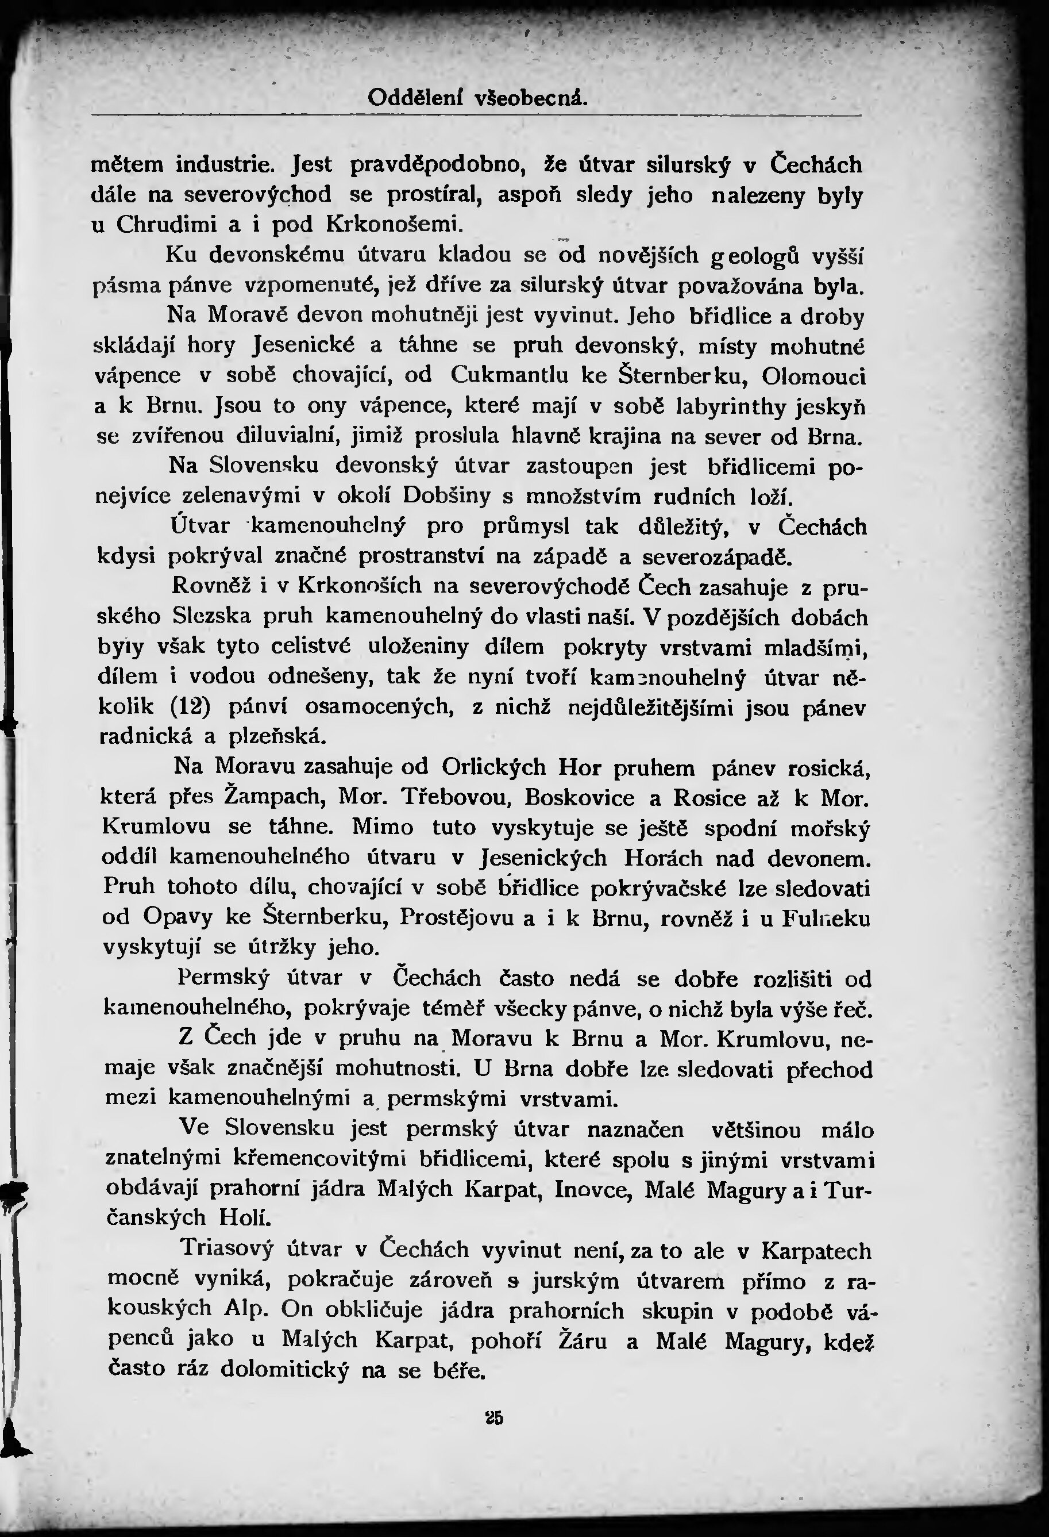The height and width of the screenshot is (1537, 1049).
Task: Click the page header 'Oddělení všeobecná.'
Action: [477, 98]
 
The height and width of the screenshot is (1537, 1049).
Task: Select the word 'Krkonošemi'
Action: [392, 225]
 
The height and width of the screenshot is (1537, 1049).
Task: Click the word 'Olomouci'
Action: [813, 376]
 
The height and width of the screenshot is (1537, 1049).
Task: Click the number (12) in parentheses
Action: [190, 707]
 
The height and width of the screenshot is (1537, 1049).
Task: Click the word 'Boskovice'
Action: [580, 798]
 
